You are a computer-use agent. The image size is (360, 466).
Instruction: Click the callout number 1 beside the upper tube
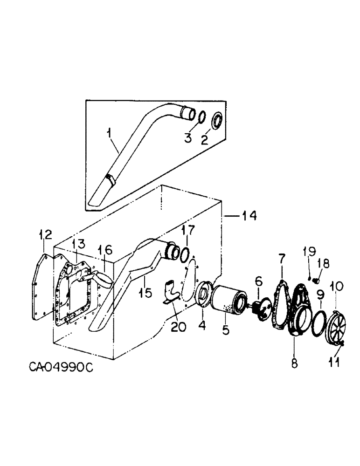point(109,135)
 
